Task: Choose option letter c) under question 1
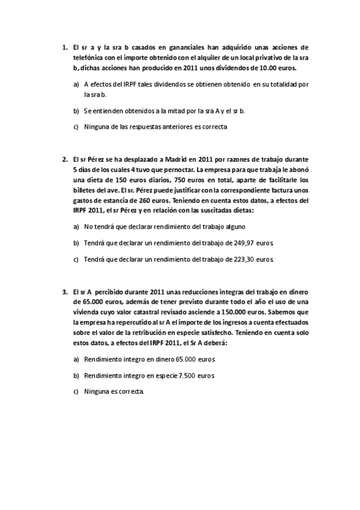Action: [76, 126]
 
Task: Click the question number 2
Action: [64, 159]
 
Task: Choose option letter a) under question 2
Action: [76, 227]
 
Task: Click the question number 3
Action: [64, 292]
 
